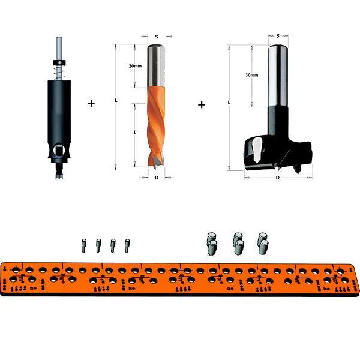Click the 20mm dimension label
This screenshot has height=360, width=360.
(135, 66)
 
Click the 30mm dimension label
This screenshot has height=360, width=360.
(251, 75)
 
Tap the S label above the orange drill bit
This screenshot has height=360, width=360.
(157, 37)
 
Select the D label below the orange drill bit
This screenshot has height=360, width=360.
(157, 178)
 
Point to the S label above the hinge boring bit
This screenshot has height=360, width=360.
(278, 36)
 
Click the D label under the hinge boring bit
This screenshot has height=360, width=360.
(278, 178)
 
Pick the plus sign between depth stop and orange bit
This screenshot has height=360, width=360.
(91, 104)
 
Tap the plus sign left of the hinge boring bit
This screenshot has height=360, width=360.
(202, 105)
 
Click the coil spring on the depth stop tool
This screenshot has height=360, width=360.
(59, 73)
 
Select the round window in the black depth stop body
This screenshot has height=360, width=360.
(59, 151)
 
